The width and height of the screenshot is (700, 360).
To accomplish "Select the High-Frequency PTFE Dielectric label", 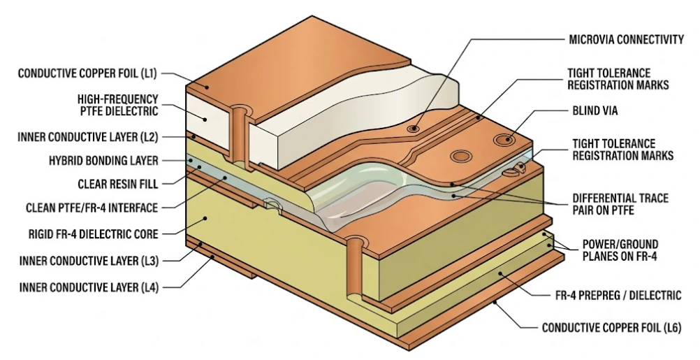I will coord(118,105).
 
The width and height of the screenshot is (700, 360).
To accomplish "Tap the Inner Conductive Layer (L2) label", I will coord(88,136).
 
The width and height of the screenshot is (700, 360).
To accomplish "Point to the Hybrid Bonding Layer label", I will coord(103,160).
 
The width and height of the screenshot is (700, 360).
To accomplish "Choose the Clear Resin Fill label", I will coord(118,185).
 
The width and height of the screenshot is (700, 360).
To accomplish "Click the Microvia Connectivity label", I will coord(627,40).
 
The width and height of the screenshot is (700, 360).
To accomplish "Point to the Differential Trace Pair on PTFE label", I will coord(620,204).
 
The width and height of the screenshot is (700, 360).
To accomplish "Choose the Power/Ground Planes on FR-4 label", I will coord(620,250).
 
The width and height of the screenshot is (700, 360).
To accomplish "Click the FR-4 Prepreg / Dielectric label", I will coord(615,296).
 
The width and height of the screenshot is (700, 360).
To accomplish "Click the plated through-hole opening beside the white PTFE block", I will coord(241,111).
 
